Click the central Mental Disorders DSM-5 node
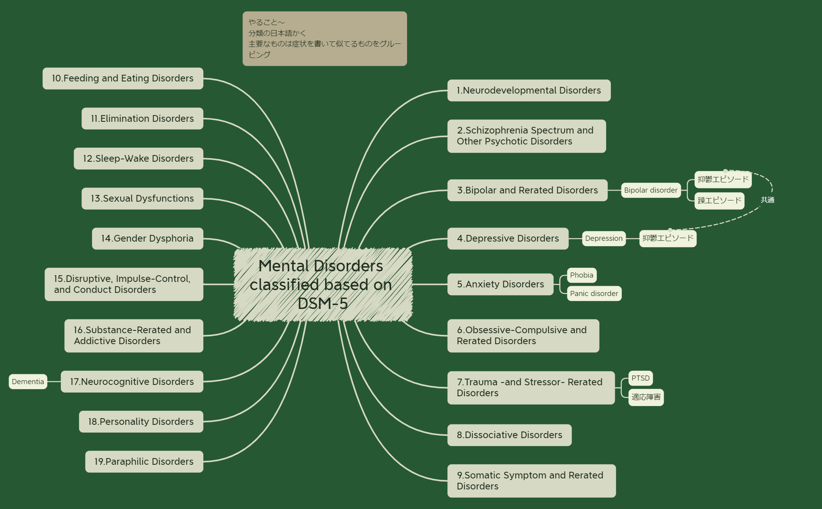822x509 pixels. coord(322,285)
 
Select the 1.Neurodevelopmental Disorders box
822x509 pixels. coord(529,90)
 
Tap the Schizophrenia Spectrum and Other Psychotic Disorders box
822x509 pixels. coord(526,136)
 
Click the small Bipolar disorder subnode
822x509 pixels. coord(650,190)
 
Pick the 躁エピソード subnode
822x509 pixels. coord(719,201)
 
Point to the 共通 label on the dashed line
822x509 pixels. coord(767,200)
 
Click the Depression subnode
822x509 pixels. coord(603,238)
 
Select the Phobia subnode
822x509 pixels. coord(581,275)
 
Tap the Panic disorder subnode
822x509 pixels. coord(594,294)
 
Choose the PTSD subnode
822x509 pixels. coord(640,378)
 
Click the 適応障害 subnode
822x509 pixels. coord(645,397)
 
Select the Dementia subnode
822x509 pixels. coord(28,382)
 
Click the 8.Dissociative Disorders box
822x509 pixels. coord(509,435)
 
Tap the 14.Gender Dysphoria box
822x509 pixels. coord(147,238)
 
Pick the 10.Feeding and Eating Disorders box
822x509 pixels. coord(123,78)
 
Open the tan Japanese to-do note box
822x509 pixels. coord(324,38)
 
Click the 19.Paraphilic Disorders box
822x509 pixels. coord(144,462)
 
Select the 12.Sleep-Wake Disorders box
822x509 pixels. coord(138,159)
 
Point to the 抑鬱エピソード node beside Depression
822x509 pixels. coord(668,238)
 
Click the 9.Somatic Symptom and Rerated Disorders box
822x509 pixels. coord(531,481)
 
